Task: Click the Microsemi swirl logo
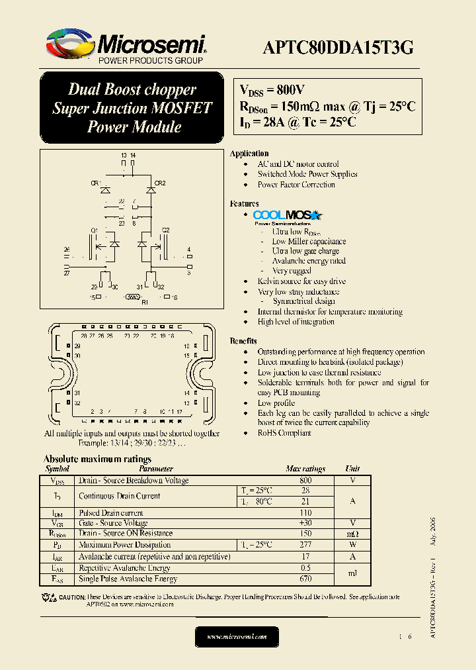click(70, 45)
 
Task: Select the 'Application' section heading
click(249, 154)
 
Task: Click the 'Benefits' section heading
click(243, 341)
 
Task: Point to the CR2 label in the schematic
click(160, 183)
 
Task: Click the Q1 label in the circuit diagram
click(94, 230)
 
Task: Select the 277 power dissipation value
click(305, 545)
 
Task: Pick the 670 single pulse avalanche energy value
click(305, 579)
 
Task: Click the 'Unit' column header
click(353, 469)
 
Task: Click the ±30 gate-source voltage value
click(305, 523)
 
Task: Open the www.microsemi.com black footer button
click(237, 636)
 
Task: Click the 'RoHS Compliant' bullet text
click(284, 433)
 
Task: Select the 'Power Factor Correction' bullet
click(296, 185)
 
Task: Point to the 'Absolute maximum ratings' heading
click(97, 459)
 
